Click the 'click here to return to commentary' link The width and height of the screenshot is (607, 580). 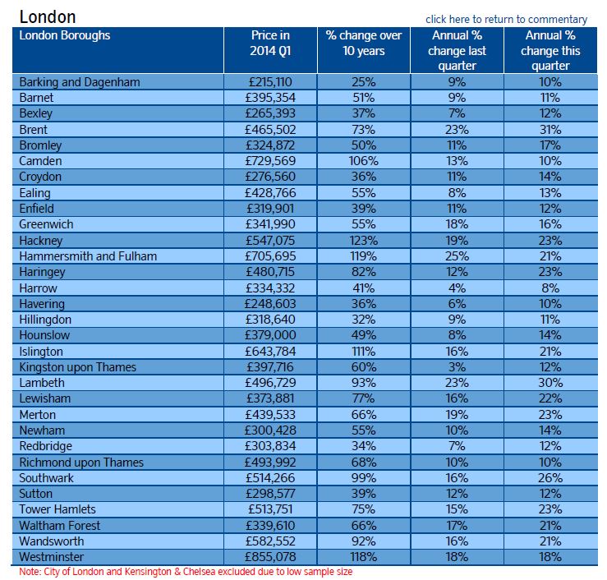tap(506, 20)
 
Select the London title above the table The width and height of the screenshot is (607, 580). tap(48, 17)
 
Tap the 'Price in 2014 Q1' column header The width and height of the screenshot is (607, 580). tap(270, 43)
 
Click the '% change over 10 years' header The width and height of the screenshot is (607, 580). tap(364, 43)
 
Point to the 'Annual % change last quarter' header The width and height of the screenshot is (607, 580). tap(457, 50)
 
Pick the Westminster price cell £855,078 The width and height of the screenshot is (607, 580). tap(270, 557)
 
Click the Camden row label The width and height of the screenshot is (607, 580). tap(40, 161)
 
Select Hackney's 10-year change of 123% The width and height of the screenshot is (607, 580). tap(364, 241)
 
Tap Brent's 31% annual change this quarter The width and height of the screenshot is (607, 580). tap(550, 129)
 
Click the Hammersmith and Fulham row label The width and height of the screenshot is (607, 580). tap(88, 256)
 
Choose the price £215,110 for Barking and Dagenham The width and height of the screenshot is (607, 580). tap(270, 82)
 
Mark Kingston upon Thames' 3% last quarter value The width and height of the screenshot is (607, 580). tap(457, 367)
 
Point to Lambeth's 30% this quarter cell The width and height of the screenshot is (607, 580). tap(550, 383)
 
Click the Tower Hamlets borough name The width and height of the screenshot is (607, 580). tap(57, 509)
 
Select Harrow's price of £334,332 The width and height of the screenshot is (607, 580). tap(270, 288)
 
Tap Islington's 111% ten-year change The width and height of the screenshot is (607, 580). tap(364, 351)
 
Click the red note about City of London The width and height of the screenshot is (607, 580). tap(186, 572)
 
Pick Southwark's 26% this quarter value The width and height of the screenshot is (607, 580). tap(550, 478)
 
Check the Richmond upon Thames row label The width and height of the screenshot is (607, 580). tap(81, 463)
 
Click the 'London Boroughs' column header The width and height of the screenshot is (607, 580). tap(65, 35)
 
